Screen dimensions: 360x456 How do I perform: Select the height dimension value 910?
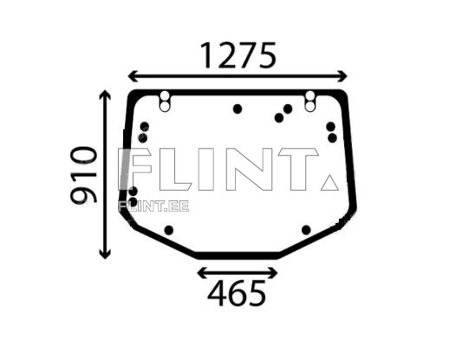pos(84,174)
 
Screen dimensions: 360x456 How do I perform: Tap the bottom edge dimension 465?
pos(237,295)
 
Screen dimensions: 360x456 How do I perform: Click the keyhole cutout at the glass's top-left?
pos(166,101)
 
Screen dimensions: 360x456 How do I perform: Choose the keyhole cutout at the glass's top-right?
pos(309,101)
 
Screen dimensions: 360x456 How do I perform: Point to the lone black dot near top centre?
pos(238,109)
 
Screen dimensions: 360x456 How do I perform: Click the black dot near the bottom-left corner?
pos(169,230)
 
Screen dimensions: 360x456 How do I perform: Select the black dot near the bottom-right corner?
pos(306,230)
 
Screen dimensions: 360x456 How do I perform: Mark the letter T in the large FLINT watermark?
pos(297,170)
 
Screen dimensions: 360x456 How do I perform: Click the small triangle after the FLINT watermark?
pos(329,182)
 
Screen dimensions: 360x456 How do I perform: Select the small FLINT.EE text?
pos(153,206)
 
